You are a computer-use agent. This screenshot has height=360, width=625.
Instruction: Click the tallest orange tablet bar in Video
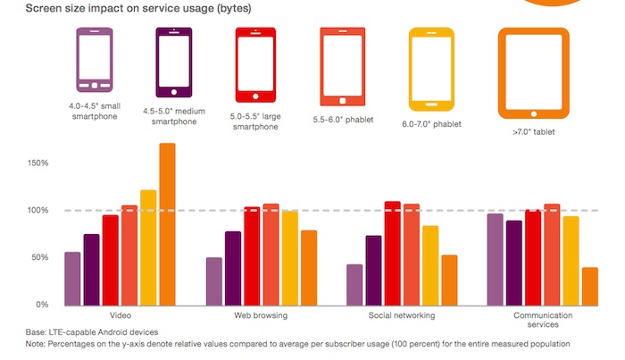167,224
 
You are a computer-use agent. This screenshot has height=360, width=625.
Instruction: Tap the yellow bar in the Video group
148,247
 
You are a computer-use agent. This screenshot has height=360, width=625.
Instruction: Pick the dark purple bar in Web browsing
233,268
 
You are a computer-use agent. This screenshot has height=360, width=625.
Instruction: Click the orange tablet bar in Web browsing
309,267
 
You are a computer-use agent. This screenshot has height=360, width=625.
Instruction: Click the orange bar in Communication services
589,286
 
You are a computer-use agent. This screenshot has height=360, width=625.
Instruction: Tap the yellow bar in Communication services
571,260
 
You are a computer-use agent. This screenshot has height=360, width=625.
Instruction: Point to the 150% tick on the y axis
38,163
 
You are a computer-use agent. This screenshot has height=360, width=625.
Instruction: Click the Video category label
121,316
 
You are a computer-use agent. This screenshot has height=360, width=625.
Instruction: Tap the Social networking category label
402,316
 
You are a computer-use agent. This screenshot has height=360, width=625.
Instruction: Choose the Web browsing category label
262,316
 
